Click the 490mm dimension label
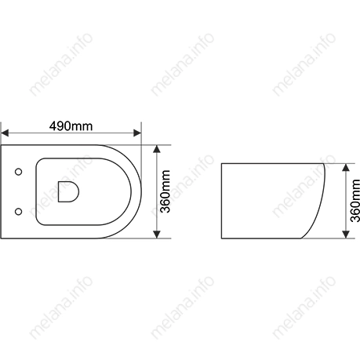(71, 126)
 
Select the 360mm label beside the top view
(165, 191)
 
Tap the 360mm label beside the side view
(355, 201)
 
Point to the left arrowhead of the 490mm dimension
(5, 133)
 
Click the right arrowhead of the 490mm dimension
(137, 133)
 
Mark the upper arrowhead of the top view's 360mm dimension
(157, 149)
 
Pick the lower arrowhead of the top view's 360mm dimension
(157, 235)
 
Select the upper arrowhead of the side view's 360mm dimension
(346, 167)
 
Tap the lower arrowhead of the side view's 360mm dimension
(346, 235)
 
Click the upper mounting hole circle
(18, 172)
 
